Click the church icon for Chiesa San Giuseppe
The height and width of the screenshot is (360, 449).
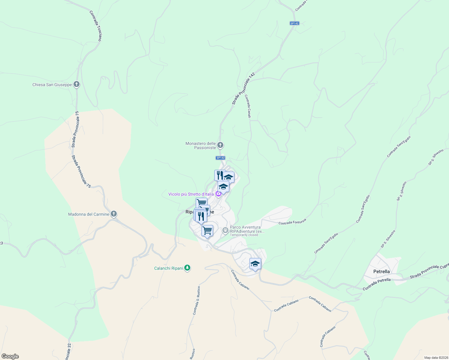coord(77,84)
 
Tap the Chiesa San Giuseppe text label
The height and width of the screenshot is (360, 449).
coord(52,85)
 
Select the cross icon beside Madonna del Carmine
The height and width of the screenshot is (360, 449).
coord(113,214)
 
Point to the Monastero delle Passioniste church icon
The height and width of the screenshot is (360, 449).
coord(220,145)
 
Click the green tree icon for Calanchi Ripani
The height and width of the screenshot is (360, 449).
coord(187,268)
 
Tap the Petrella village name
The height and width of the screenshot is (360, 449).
coord(381,271)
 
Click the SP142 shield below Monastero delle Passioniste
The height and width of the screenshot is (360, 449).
coord(220,158)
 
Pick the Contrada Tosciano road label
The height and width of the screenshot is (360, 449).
coord(96,26)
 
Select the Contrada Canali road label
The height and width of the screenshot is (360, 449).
coord(247,106)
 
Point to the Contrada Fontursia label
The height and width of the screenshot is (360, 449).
coord(292,222)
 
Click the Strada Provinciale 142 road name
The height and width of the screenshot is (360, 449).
coord(243,88)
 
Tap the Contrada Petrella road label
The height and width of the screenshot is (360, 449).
coord(377,284)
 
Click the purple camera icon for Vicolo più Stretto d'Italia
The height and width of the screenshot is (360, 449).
coord(218,194)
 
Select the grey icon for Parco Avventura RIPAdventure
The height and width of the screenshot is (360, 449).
coord(225,230)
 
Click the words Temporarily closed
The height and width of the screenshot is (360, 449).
coord(244,235)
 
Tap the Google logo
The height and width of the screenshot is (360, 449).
coord(10,356)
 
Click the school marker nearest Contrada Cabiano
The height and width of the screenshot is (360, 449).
coord(255,264)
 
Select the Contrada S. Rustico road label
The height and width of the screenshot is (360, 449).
coord(196,301)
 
